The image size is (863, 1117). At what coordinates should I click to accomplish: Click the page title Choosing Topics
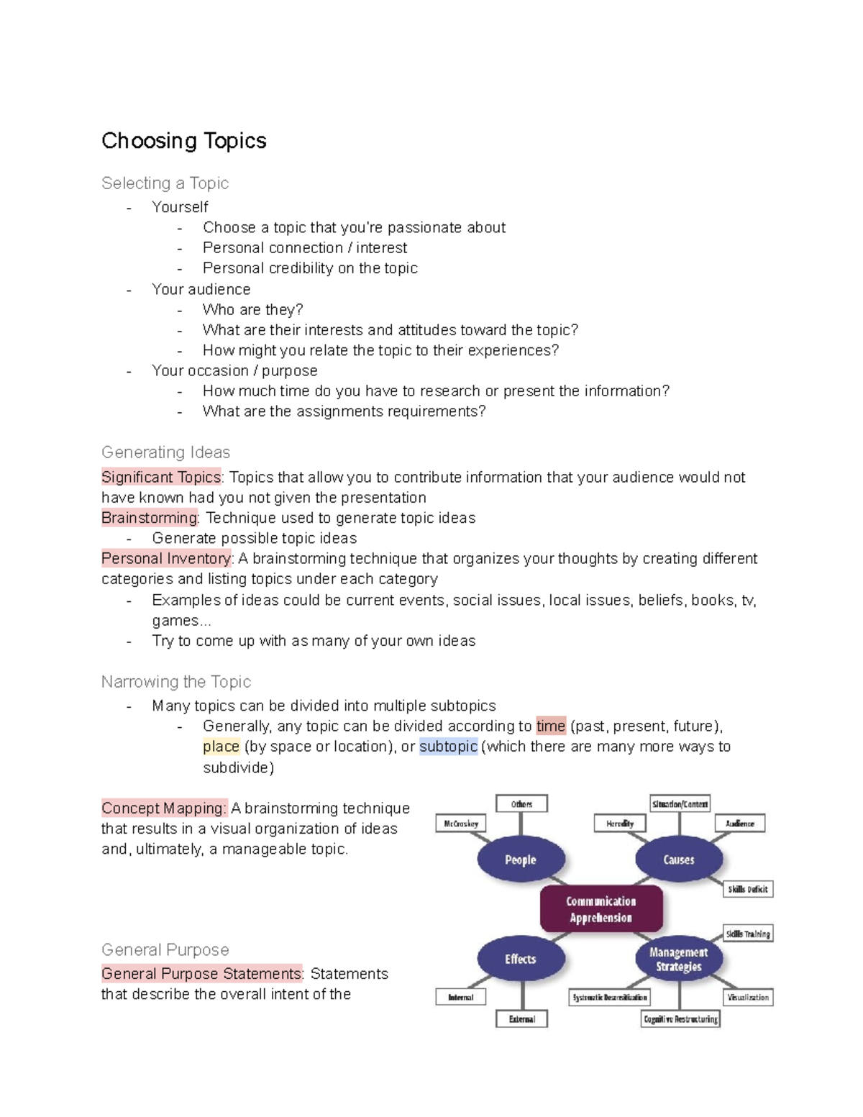[x=183, y=141]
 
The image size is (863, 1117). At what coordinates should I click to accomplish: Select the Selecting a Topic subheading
[x=165, y=183]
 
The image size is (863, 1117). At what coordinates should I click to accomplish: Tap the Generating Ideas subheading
[x=165, y=452]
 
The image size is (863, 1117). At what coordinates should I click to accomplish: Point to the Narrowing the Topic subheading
[x=176, y=682]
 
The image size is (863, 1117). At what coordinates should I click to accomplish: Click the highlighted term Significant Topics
[x=161, y=478]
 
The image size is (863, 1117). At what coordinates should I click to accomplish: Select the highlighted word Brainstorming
[x=149, y=518]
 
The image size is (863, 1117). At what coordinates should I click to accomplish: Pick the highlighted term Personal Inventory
[x=166, y=559]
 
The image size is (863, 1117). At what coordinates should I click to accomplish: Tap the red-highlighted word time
[x=551, y=726]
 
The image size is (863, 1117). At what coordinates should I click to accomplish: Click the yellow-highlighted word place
[x=221, y=747]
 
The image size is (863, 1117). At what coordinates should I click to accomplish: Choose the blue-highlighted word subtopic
[x=448, y=747]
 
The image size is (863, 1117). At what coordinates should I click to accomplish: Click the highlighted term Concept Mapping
[x=163, y=808]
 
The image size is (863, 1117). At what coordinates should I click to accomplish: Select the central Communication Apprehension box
[x=601, y=910]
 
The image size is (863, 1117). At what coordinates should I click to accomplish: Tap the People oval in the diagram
[x=521, y=860]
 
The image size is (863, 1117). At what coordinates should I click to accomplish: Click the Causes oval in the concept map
[x=679, y=860]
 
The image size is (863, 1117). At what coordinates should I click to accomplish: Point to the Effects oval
[x=521, y=959]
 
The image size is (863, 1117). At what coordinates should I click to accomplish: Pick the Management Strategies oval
[x=679, y=959]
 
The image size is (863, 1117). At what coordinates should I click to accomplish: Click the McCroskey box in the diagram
[x=461, y=824]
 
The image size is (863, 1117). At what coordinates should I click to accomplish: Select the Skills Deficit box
[x=748, y=889]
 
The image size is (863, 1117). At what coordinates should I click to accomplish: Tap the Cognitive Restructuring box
[x=680, y=1019]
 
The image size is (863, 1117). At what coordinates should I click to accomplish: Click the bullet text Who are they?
[x=252, y=310]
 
